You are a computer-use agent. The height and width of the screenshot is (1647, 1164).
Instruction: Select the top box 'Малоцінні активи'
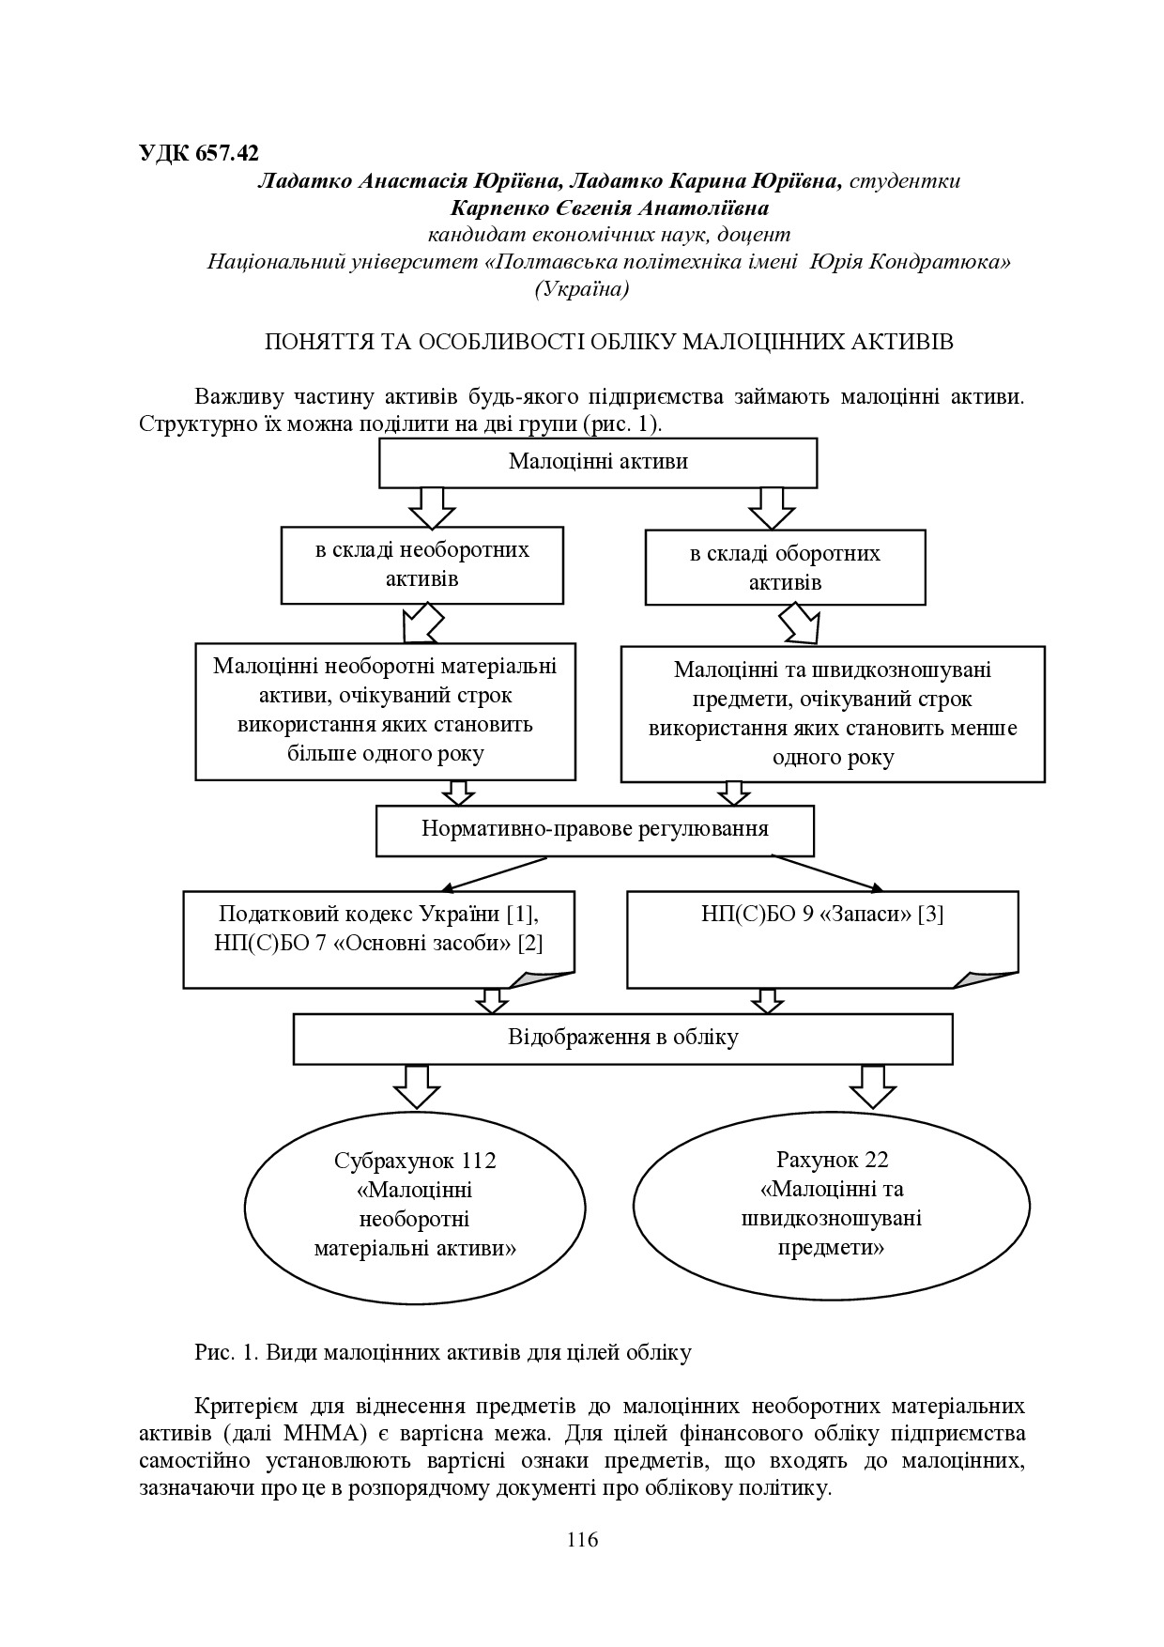(598, 462)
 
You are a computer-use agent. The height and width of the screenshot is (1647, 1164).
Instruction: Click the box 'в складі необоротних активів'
(421, 563)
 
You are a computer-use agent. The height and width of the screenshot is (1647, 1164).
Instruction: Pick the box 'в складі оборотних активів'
(785, 567)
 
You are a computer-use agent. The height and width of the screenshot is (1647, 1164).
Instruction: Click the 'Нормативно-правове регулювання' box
(594, 830)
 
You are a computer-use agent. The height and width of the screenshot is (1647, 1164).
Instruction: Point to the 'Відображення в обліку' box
(622, 1038)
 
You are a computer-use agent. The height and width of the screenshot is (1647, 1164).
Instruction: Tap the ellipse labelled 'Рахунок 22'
(832, 1204)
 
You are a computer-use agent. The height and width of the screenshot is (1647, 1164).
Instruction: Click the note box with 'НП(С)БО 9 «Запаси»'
(821, 938)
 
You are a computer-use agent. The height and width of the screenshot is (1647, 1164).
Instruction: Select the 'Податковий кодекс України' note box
(378, 938)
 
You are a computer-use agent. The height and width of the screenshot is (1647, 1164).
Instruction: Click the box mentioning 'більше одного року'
(385, 711)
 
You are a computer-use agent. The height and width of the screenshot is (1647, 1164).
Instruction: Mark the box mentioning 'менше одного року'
(833, 714)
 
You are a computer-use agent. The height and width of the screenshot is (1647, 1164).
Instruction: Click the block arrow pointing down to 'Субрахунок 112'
(417, 1086)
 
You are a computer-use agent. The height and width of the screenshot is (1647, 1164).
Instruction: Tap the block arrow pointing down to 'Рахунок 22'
(872, 1086)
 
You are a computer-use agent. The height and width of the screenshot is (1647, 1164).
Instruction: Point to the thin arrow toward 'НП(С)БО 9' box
(826, 871)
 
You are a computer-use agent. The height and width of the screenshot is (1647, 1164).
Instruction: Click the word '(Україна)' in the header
(582, 289)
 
